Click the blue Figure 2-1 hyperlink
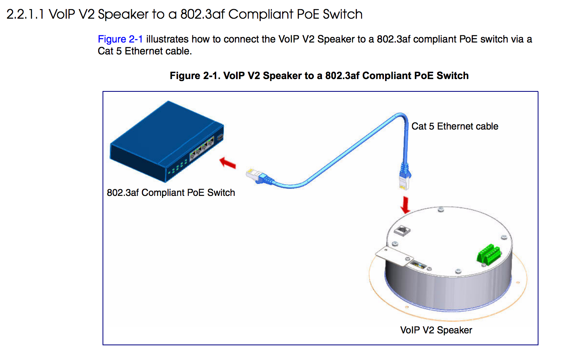(120, 39)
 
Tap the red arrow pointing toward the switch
(228, 163)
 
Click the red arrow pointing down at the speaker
(405, 205)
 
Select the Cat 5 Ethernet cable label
(455, 126)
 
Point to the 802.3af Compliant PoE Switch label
(171, 193)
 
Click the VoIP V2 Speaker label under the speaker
(436, 330)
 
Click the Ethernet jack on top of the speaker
(402, 230)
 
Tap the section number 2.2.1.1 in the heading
(25, 15)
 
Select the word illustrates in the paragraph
(167, 39)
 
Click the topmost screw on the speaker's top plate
(440, 209)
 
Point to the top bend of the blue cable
(400, 116)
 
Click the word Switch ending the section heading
(342, 15)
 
